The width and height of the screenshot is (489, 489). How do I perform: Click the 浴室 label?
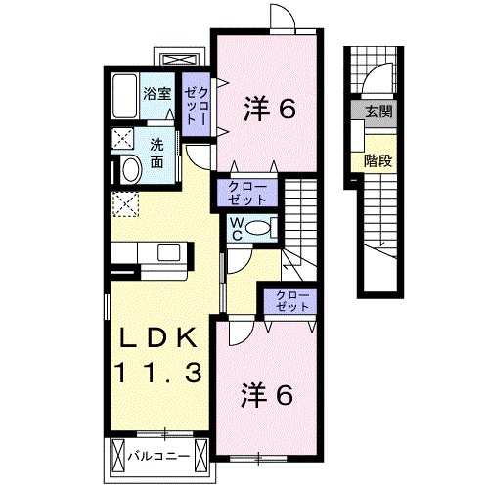157,95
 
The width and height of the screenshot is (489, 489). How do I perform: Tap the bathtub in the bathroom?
124,98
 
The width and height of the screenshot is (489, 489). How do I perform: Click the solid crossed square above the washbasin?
124,138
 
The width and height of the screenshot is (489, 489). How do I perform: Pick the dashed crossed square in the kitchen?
125,204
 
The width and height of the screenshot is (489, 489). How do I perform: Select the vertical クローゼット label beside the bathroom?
195,103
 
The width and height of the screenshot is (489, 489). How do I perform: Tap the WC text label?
237,229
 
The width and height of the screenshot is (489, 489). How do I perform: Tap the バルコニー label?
161,455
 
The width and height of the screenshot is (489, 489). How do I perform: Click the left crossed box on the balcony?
118,456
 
